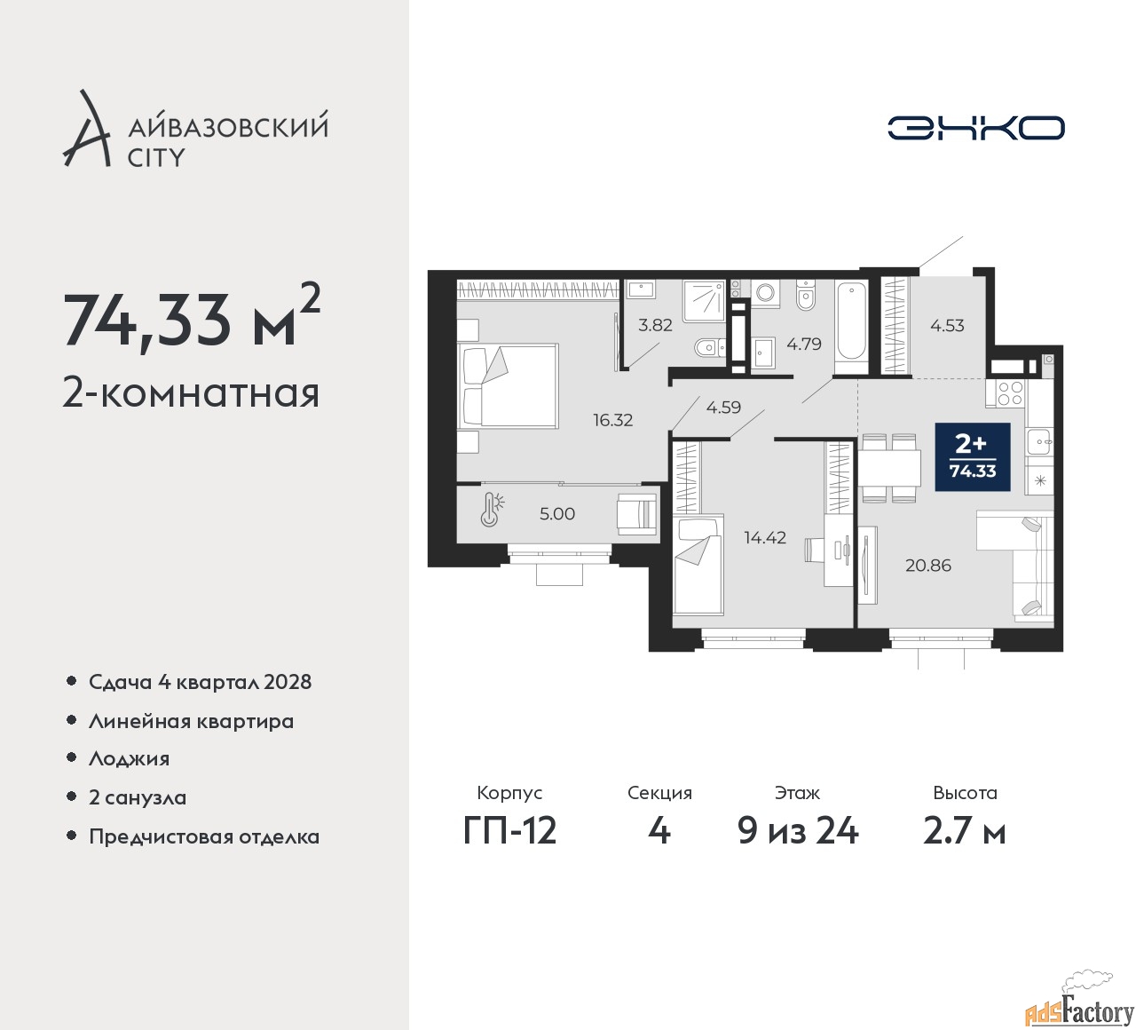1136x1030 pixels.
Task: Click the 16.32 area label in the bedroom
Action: pos(612,420)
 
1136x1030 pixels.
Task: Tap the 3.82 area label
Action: pos(655,325)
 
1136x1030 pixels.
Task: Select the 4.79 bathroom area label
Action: pos(804,344)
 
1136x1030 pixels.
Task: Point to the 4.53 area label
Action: pos(947,326)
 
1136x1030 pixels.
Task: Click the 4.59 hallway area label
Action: pos(723,408)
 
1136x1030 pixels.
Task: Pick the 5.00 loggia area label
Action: pos(557,514)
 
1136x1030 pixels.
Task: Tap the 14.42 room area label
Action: pos(765,537)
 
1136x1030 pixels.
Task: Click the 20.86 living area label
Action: pos(928,565)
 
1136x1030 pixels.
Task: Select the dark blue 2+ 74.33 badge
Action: pos(973,457)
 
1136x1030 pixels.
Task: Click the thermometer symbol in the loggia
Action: pos(491,510)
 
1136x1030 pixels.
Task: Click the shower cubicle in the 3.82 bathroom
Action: pos(704,301)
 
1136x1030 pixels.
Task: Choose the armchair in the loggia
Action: pos(637,514)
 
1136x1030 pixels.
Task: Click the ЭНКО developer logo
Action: pos(975,128)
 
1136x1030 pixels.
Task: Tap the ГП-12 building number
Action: pos(509,831)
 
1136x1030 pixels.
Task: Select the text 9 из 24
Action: pos(798,831)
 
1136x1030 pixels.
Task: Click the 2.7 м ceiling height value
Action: pos(965,831)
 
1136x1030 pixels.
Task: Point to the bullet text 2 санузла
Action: pos(138,797)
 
